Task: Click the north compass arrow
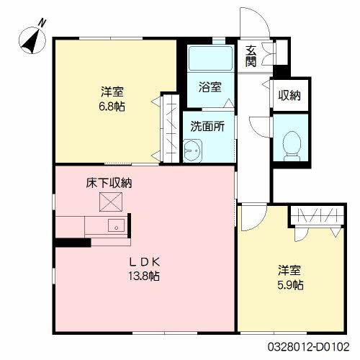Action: tap(32, 40)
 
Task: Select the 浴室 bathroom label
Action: tap(210, 87)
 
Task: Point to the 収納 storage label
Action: tap(290, 95)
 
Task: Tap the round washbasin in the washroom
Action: tap(192, 151)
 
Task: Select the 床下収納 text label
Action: tap(109, 184)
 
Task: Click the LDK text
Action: tap(144, 261)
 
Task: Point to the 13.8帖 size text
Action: tap(144, 276)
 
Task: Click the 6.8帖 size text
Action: tap(112, 106)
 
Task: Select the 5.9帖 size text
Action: tap(291, 285)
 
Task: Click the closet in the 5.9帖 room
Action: tap(317, 215)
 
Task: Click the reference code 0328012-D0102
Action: tap(314, 347)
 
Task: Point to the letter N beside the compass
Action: tap(42, 22)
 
